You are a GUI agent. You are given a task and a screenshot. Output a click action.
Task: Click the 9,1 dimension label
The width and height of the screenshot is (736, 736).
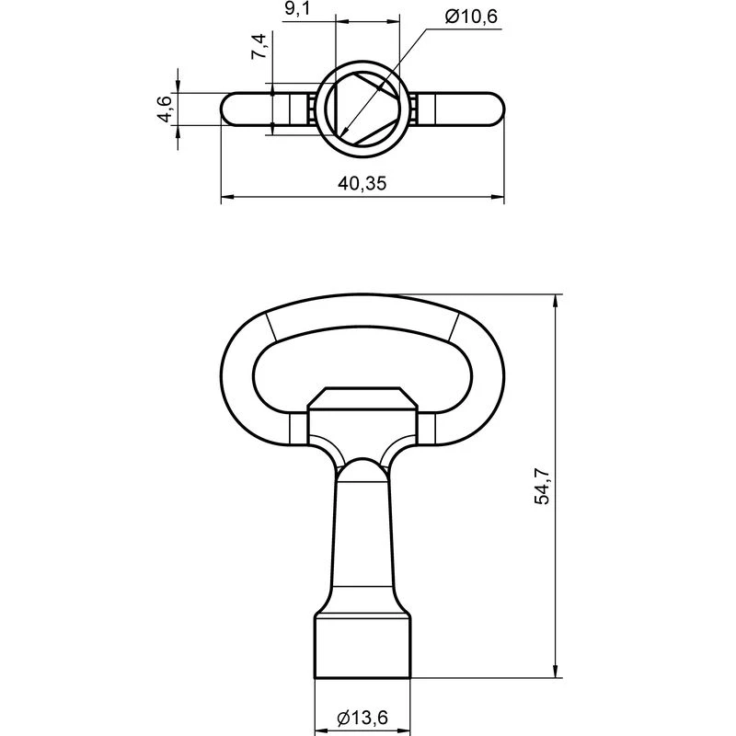[297, 9]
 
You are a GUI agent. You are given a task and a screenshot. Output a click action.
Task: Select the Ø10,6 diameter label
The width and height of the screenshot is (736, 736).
[471, 17]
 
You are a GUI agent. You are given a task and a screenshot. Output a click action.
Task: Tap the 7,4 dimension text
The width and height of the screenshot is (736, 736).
[259, 46]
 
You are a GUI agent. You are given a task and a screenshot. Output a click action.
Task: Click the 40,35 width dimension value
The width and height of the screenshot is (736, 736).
[362, 183]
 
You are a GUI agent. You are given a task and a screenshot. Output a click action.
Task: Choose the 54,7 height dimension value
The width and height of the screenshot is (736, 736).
[542, 487]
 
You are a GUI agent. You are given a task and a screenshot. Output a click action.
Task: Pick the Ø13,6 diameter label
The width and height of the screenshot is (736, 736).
[362, 718]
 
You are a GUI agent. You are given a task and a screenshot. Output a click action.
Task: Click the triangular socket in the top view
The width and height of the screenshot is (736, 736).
[362, 109]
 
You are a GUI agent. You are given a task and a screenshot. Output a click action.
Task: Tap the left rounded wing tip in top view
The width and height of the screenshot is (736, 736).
[233, 109]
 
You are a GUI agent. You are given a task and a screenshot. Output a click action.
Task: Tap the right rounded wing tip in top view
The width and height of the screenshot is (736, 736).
[492, 109]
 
